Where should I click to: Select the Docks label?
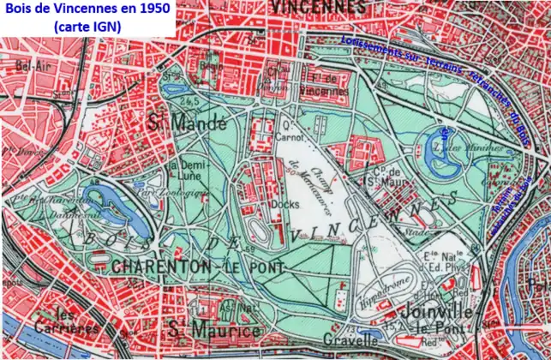pyautogui.click(x=284, y=205)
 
